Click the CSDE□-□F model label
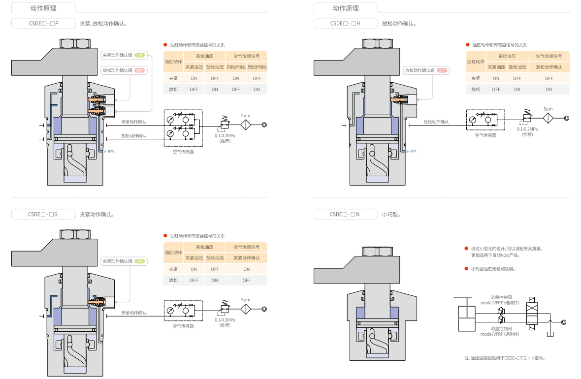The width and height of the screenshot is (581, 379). click(x=43, y=23)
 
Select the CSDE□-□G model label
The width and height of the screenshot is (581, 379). click(x=43, y=214)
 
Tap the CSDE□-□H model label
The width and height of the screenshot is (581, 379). click(x=346, y=23)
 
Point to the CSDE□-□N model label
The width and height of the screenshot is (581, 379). click(x=345, y=214)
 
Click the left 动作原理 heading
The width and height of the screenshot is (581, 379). click(x=43, y=8)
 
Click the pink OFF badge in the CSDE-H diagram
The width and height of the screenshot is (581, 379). click(x=442, y=70)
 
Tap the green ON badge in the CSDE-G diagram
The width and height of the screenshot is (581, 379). click(x=140, y=261)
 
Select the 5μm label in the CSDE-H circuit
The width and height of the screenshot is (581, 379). click(x=548, y=109)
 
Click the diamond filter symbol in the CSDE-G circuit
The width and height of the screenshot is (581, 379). click(x=246, y=309)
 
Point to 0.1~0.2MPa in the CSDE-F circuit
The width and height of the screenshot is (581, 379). click(x=225, y=136)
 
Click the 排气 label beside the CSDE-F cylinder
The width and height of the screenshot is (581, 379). click(x=111, y=151)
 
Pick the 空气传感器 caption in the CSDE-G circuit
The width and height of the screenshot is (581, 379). click(x=183, y=326)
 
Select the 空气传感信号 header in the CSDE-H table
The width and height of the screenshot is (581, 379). click(x=549, y=56)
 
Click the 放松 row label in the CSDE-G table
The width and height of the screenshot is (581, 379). click(x=173, y=280)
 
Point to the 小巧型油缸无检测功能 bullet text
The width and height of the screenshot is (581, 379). click(x=493, y=269)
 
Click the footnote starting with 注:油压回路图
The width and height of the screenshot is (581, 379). click(x=504, y=358)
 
